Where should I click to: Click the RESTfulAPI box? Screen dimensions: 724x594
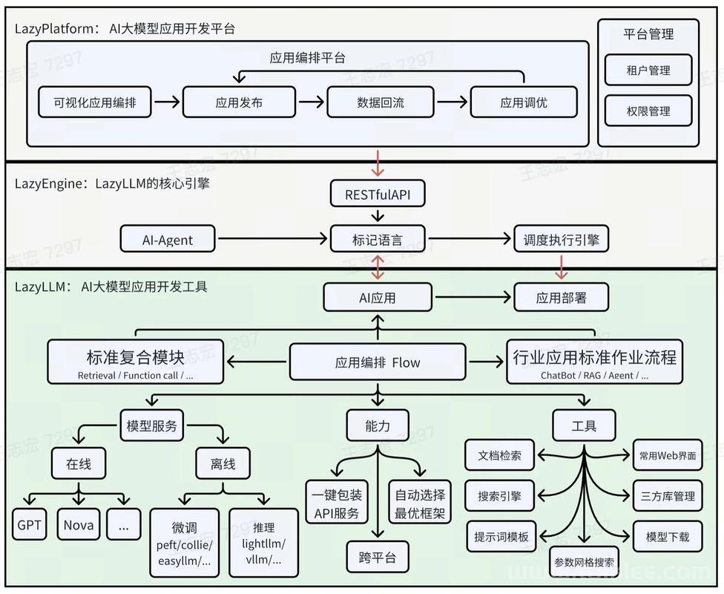(378, 194)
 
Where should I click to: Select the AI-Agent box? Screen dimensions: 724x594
(168, 239)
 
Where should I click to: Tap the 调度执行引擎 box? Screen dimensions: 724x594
(561, 239)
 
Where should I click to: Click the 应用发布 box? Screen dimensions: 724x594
(239, 102)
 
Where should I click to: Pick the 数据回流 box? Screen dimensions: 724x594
(381, 102)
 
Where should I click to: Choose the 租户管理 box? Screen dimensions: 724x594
(648, 71)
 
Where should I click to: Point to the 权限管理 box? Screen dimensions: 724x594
(648, 111)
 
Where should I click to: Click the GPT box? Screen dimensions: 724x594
(29, 525)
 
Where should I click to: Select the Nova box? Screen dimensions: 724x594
(79, 525)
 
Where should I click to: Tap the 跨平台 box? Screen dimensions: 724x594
(378, 558)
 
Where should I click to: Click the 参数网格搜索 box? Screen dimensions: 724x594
(584, 562)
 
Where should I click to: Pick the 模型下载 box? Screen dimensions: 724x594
(668, 537)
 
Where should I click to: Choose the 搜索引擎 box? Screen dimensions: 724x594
(499, 496)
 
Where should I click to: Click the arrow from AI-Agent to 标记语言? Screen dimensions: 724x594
(272, 238)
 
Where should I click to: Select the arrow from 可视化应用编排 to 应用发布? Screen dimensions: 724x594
(167, 102)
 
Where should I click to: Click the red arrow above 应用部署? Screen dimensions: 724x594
(561, 267)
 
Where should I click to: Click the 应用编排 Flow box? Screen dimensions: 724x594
(378, 362)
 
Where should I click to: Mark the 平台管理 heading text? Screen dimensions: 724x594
(648, 33)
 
